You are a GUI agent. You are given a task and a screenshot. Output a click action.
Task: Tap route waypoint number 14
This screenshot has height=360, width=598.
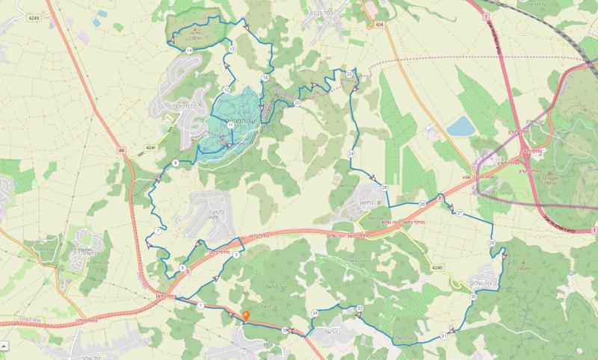(190, 49)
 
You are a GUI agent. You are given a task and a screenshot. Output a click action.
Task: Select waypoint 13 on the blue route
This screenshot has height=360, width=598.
(232, 49)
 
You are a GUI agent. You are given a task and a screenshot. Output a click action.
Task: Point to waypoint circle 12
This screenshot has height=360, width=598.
(226, 90)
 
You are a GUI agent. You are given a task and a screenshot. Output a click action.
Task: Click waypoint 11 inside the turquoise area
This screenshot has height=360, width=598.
(231, 126)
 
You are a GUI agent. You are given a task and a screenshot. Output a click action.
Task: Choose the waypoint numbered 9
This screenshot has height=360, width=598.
(175, 163)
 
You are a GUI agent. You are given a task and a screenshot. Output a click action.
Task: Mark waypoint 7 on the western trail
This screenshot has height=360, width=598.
(159, 232)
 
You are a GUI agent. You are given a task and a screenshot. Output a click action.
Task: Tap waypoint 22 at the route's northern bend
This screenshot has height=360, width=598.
(349, 74)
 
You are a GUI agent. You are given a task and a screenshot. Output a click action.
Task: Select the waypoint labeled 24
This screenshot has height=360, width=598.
(351, 153)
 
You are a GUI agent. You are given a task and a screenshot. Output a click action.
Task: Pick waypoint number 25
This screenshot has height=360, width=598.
(384, 187)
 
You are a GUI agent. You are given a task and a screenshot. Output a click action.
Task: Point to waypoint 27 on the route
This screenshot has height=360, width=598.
(460, 214)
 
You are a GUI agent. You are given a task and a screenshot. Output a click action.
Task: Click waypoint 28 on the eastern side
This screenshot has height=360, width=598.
(492, 244)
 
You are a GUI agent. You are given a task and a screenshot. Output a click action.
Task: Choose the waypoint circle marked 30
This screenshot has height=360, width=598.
(473, 297)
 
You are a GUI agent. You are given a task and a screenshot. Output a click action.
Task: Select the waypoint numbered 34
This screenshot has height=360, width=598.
(315, 312)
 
